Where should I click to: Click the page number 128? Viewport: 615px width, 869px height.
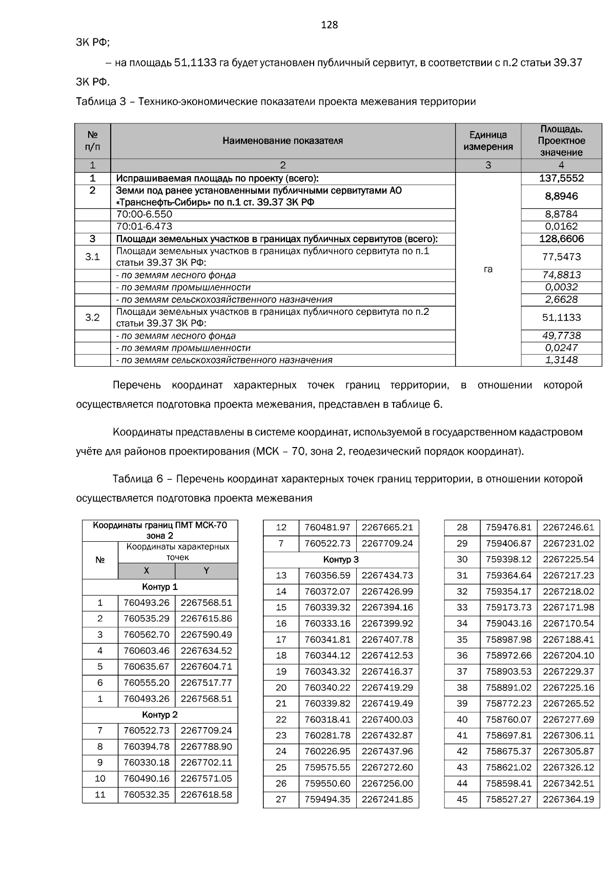click(329, 25)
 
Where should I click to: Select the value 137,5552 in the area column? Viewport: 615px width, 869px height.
click(561, 178)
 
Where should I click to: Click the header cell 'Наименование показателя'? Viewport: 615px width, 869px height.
click(282, 141)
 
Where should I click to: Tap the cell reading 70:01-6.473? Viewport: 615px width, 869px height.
click(145, 226)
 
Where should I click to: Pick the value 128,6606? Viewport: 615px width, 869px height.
click(561, 239)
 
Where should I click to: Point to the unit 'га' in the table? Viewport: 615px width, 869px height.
click(488, 269)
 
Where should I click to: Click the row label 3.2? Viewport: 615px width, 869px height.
click(92, 317)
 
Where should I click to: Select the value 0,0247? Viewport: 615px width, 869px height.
click(561, 348)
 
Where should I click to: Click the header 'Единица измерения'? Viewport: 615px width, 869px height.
click(488, 141)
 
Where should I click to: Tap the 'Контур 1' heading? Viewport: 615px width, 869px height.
click(160, 587)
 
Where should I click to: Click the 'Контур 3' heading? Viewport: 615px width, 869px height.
click(341, 559)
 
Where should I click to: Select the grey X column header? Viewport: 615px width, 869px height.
click(147, 571)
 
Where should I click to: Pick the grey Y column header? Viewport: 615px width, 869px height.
click(206, 571)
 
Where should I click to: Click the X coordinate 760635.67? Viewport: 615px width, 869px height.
click(146, 667)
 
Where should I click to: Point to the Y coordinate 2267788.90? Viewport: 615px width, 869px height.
click(206, 747)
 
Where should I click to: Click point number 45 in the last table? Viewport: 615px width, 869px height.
click(462, 799)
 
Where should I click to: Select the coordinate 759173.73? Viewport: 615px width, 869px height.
click(508, 607)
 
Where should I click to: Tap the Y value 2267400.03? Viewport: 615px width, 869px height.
click(387, 719)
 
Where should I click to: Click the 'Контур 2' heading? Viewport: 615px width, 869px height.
click(160, 714)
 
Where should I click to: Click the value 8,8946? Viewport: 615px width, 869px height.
click(561, 196)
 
